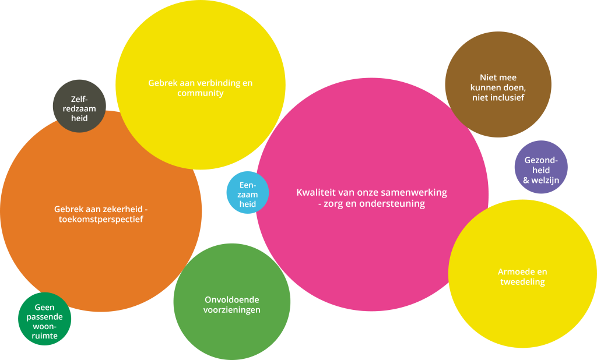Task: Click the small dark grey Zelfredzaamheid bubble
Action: click(x=79, y=106)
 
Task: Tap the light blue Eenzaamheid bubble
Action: click(x=248, y=193)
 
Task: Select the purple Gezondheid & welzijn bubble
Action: click(x=541, y=167)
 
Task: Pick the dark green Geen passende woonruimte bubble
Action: click(x=45, y=319)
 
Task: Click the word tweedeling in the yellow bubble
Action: click(x=522, y=282)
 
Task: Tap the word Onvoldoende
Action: click(x=231, y=299)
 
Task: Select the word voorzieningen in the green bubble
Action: click(x=231, y=310)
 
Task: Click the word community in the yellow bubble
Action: click(x=200, y=93)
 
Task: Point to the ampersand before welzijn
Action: click(x=526, y=181)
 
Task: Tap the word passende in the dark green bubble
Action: click(x=45, y=317)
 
